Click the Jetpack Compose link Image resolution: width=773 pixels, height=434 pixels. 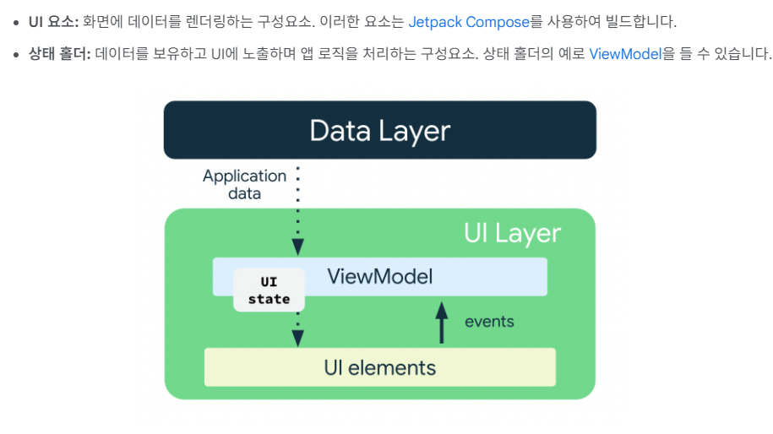pyautogui.click(x=469, y=22)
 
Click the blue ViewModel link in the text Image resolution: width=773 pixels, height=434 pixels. pyautogui.click(x=625, y=54)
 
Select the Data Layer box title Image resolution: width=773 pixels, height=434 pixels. pyautogui.click(x=379, y=131)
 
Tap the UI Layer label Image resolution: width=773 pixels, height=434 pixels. pyautogui.click(x=512, y=234)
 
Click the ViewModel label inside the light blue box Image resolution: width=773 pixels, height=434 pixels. pyautogui.click(x=379, y=276)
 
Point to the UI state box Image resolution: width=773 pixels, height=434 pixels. pyautogui.click(x=269, y=290)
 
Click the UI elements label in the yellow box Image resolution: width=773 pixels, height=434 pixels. pyautogui.click(x=379, y=368)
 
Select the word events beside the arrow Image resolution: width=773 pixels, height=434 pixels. pyautogui.click(x=489, y=322)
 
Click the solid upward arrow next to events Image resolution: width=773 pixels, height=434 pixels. pyautogui.click(x=442, y=323)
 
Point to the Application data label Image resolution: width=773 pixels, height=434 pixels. pyautogui.click(x=244, y=184)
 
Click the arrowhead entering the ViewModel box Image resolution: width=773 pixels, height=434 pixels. pyautogui.click(x=297, y=247)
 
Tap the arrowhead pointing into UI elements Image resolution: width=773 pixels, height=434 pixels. pyautogui.click(x=297, y=339)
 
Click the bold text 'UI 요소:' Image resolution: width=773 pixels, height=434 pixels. pyautogui.click(x=53, y=22)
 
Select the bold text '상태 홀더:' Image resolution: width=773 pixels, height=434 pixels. pyautogui.click(x=60, y=54)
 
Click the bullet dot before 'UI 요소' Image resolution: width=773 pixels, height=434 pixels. pyautogui.click(x=16, y=23)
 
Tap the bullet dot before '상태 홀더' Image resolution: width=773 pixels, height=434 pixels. pyautogui.click(x=16, y=55)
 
